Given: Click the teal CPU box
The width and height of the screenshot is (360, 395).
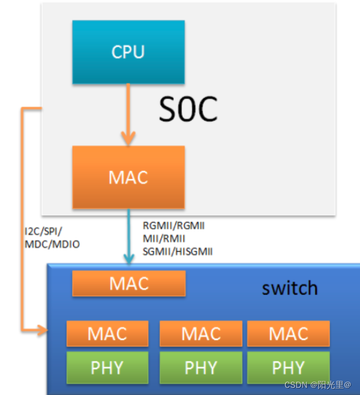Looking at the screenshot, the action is [x=128, y=52].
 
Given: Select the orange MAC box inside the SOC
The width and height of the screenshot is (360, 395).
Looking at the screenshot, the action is [x=128, y=177].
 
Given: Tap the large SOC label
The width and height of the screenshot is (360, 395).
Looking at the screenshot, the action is [x=188, y=109].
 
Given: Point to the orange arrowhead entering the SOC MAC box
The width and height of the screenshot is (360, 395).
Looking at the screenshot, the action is [x=128, y=138].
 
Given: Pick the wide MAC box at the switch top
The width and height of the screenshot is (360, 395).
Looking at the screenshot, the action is [x=129, y=283].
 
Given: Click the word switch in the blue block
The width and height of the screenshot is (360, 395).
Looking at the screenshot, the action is [x=290, y=288].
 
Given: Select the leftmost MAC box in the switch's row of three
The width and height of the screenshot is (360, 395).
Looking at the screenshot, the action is [x=107, y=333].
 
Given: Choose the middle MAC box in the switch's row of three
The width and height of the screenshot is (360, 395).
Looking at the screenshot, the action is [x=201, y=333].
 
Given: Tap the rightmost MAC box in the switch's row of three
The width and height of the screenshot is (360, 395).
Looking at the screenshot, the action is [x=288, y=333].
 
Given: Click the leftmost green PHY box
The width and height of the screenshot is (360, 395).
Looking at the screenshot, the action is [x=107, y=367].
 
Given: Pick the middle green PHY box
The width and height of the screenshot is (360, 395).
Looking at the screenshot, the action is [x=201, y=367].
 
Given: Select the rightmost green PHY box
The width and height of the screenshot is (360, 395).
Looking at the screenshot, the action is [x=288, y=367].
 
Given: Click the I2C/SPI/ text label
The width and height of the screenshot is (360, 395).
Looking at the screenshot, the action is [x=43, y=231].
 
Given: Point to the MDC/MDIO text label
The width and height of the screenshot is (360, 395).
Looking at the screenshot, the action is [x=52, y=244].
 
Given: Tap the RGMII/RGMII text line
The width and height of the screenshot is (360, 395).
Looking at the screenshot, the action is [x=174, y=226].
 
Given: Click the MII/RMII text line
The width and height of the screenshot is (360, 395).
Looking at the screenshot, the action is [x=164, y=238].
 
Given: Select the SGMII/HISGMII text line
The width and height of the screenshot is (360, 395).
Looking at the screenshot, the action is [x=178, y=251].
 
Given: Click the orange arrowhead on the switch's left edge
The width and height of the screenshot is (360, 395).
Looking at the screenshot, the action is [x=43, y=330].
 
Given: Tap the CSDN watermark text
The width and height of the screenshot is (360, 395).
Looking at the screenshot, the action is [x=318, y=385].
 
